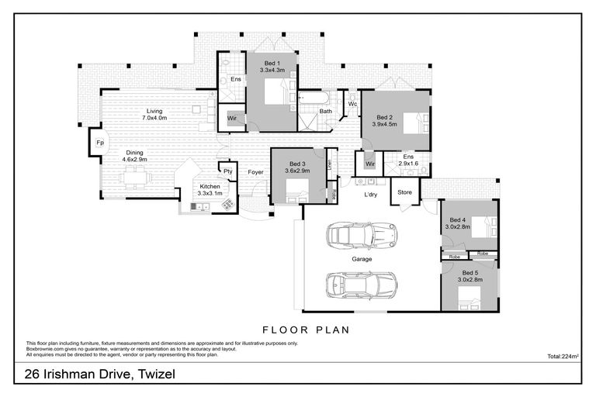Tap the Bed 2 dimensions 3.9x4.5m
pyautogui.click(x=384, y=123)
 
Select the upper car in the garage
pyautogui.click(x=362, y=233)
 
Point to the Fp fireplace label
pyautogui.click(x=99, y=143)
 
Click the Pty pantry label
pyautogui.click(x=228, y=171)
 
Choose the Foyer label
pyautogui.click(x=255, y=172)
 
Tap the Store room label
pyautogui.click(x=404, y=192)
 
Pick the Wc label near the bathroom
pyautogui.click(x=352, y=104)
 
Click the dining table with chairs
pyautogui.click(x=135, y=177)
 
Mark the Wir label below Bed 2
pyautogui.click(x=369, y=164)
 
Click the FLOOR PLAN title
pyautogui.click(x=306, y=330)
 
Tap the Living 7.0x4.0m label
pyautogui.click(x=154, y=115)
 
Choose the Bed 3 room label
pyautogui.click(x=299, y=164)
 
